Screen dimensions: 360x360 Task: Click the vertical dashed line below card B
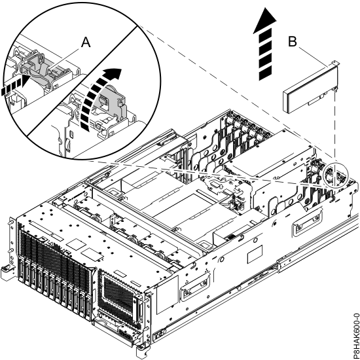[x=333, y=131]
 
